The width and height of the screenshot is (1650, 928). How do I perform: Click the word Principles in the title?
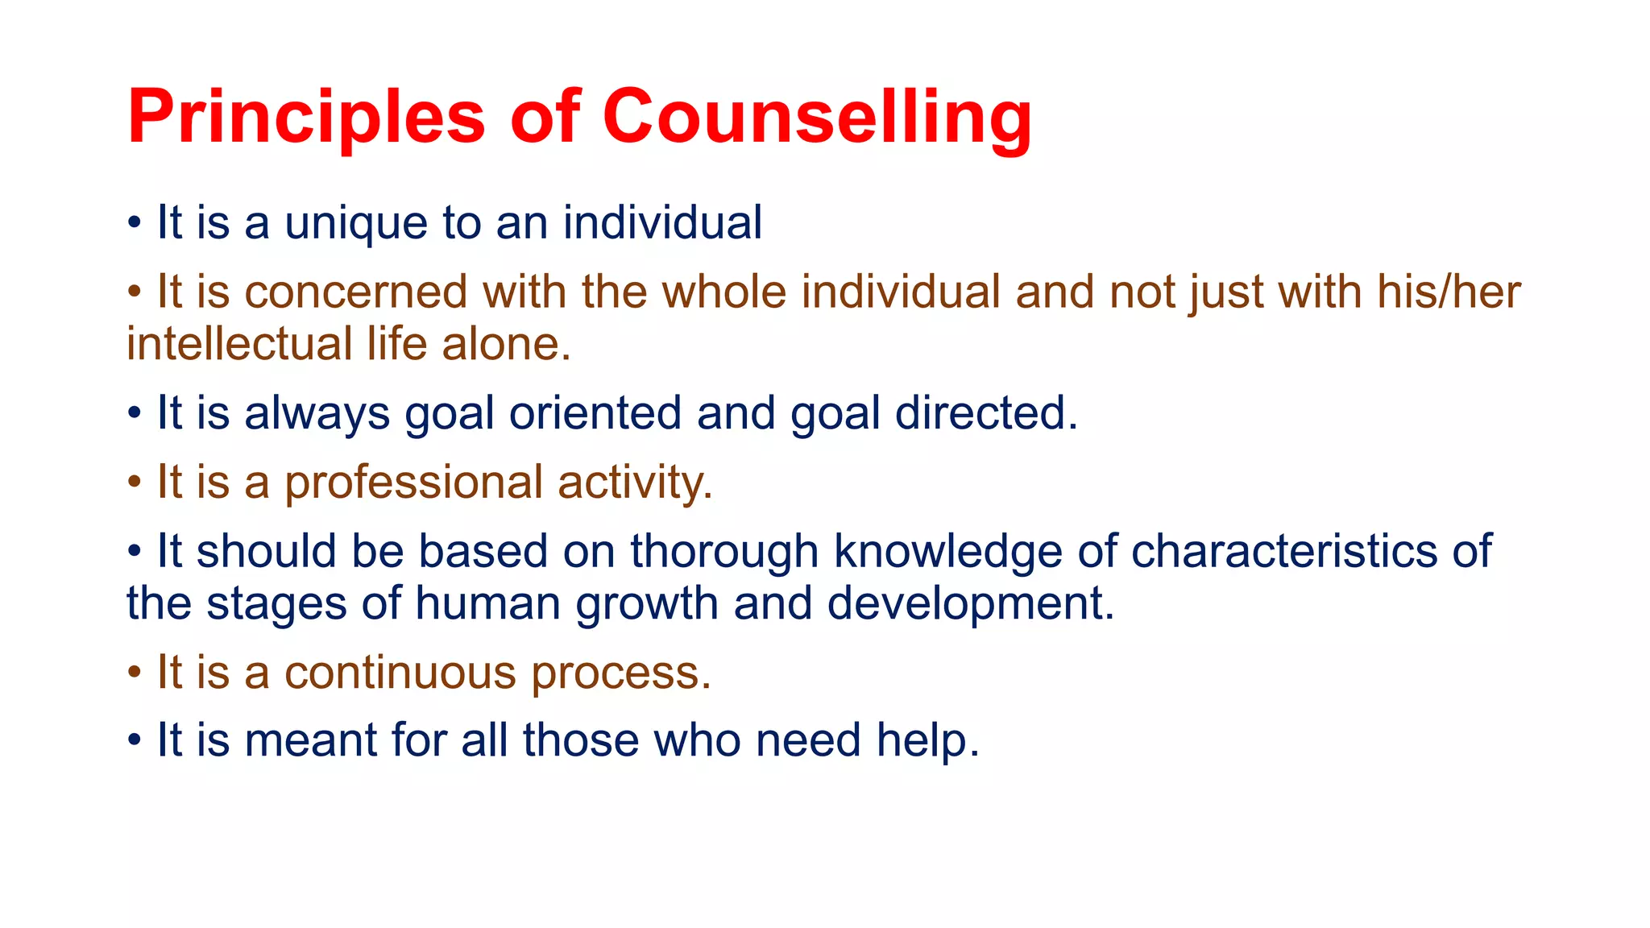point(306,118)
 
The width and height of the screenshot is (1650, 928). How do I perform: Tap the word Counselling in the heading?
point(817,118)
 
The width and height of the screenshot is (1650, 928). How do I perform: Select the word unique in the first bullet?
point(356,223)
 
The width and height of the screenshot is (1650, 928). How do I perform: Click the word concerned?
point(355,292)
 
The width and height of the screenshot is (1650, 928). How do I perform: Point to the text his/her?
point(1449,292)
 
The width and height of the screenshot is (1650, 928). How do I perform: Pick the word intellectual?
point(239,344)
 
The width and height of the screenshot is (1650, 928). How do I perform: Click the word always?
point(317,414)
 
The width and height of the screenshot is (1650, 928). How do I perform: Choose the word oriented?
point(595,414)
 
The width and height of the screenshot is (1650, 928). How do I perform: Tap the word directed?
point(986,414)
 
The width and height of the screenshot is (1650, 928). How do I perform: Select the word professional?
point(413,483)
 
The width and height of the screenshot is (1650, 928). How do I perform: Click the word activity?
point(635,483)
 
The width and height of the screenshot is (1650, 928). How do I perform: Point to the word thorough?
point(724,552)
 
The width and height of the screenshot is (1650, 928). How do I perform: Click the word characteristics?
point(1284,552)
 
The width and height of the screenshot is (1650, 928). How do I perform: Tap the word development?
point(970,604)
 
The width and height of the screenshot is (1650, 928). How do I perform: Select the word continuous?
point(400,673)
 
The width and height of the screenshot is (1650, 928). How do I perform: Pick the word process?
point(621,674)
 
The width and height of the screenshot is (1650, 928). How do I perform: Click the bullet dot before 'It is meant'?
point(135,740)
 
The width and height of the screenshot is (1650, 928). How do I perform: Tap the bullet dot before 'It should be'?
point(135,552)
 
